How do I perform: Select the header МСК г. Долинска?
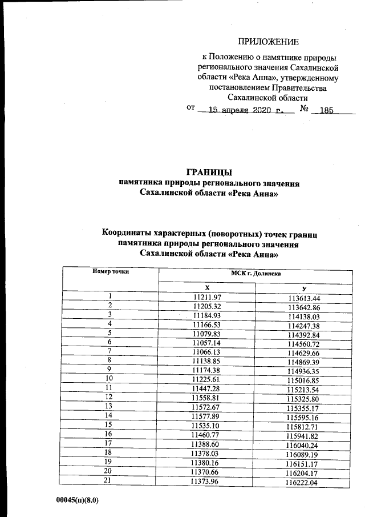255,273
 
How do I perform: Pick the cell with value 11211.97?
206,297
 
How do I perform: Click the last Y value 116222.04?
304,483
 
